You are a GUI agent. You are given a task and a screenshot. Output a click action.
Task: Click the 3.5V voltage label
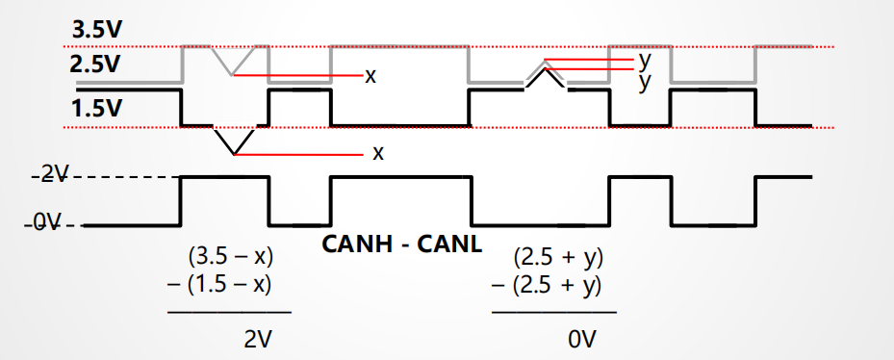coord(95,29)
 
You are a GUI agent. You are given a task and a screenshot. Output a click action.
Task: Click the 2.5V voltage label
coord(95,65)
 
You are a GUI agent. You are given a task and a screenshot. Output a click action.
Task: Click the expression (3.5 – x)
coord(229,258)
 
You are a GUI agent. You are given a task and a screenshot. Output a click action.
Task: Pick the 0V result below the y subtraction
coord(581,339)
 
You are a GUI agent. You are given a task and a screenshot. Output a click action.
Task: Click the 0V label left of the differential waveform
coord(48,223)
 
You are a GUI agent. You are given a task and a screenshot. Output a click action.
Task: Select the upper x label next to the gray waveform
coord(370,75)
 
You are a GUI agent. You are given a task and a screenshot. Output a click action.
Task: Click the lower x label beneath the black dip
coord(377,153)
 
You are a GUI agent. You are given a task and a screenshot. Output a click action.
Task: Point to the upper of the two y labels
coord(644,60)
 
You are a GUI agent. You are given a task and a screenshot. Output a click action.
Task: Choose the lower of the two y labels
coord(644,81)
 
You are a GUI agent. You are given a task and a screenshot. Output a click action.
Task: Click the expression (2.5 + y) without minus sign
coord(557,258)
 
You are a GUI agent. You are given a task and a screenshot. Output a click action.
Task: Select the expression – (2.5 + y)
coord(547,285)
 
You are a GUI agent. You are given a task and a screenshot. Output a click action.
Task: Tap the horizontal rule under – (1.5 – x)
coord(229,312)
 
